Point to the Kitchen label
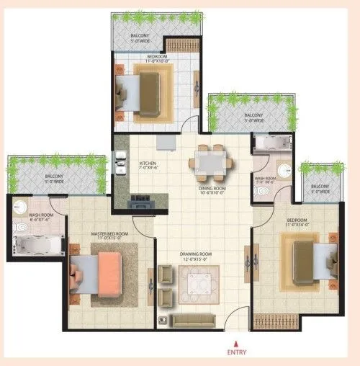[x=148, y=164]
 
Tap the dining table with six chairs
[x=212, y=163]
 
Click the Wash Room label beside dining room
[x=264, y=178]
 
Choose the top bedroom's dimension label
[x=158, y=61]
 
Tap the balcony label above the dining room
[x=253, y=115]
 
